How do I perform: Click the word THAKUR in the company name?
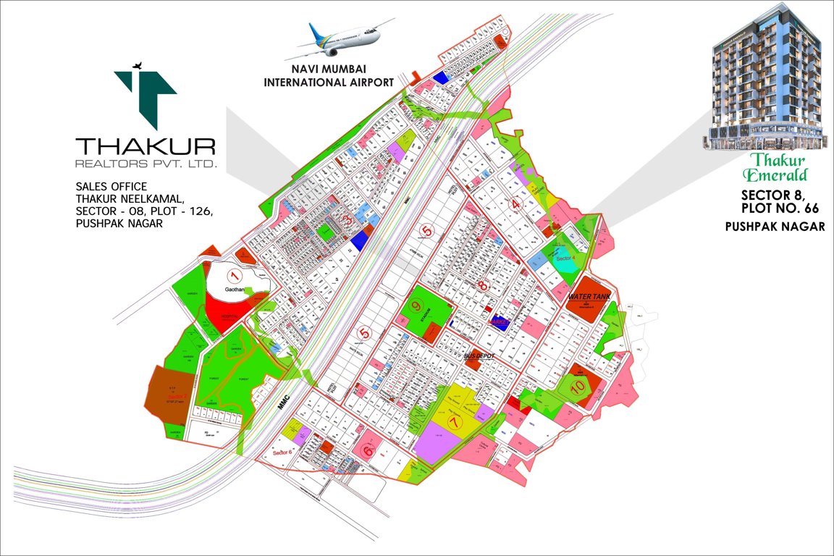(x=146, y=146)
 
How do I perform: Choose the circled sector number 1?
(x=233, y=275)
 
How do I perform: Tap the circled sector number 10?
(x=577, y=387)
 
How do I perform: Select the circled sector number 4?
(x=515, y=204)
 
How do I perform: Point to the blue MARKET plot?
(x=498, y=322)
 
